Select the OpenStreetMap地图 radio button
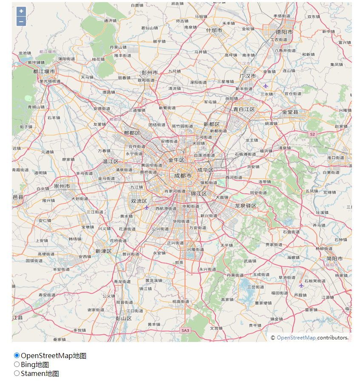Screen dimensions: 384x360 tap(17, 356)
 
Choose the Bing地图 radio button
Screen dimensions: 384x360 tap(17, 364)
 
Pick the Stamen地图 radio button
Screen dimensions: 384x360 tap(17, 373)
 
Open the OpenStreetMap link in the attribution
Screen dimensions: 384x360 tap(296, 338)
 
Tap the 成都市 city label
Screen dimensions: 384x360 tap(183, 175)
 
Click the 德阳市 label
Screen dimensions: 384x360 tap(284, 32)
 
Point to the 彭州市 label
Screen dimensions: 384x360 tap(150, 73)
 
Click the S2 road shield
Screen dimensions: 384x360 tap(312, 134)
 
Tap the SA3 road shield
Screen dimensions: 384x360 tap(185, 330)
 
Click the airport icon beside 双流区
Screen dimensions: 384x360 tap(147, 207)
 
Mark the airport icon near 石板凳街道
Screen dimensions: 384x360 tap(301, 285)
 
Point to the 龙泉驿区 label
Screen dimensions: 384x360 tap(246, 206)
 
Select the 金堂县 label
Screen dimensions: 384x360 tap(290, 112)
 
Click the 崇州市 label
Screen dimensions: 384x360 tap(62, 186)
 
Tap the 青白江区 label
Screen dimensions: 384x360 tap(244, 109)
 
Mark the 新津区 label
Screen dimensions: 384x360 tap(103, 251)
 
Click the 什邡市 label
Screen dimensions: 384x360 tap(214, 30)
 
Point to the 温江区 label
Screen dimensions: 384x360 tap(111, 161)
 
